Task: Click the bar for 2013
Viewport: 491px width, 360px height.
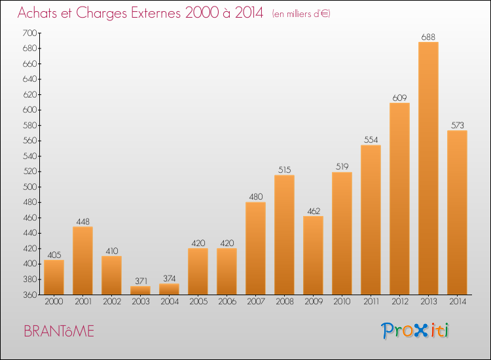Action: (x=428, y=168)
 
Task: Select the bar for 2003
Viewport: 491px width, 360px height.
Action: (x=140, y=290)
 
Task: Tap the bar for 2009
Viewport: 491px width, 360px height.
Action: (x=313, y=255)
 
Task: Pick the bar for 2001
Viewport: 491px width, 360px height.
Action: (x=82, y=261)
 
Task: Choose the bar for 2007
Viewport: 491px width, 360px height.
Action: (x=255, y=248)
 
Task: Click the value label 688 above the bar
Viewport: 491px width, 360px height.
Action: (x=428, y=37)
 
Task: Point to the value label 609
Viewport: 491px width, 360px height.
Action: (x=399, y=98)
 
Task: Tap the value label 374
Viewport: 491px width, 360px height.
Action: (x=170, y=278)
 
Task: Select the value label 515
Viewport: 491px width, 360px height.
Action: (x=284, y=170)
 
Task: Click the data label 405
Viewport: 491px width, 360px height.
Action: (x=54, y=255)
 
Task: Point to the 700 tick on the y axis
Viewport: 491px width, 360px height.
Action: (x=29, y=33)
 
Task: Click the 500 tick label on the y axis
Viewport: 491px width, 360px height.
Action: (x=29, y=187)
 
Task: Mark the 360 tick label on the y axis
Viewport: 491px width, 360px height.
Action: (x=29, y=295)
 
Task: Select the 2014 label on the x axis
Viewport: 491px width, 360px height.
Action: (x=458, y=302)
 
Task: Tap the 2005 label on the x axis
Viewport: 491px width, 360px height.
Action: (x=198, y=302)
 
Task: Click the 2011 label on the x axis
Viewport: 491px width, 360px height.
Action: (x=371, y=302)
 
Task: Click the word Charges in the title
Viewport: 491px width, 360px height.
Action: (x=101, y=13)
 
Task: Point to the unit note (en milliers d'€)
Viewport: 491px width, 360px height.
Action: (x=301, y=14)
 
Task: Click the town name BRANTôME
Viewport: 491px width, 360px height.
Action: (x=59, y=331)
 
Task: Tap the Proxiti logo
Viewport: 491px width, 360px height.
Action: (x=415, y=331)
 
